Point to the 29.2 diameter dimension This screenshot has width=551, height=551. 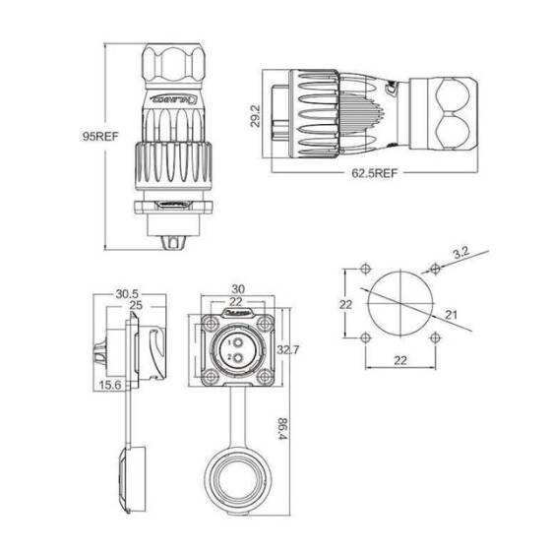pyautogui.click(x=255, y=116)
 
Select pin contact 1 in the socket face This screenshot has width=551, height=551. pyautogui.click(x=235, y=340)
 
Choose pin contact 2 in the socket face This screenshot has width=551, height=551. pyautogui.click(x=235, y=356)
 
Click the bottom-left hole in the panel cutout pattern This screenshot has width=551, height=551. pyautogui.click(x=366, y=339)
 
